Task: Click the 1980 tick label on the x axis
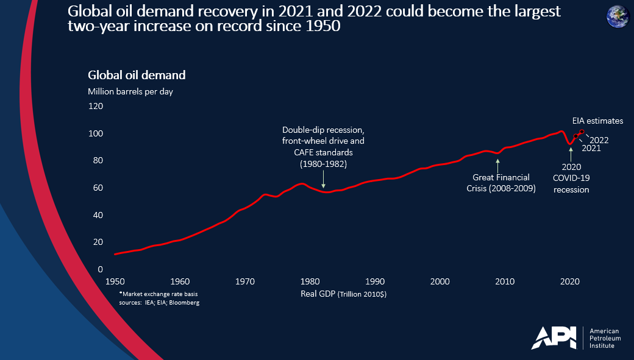(310, 281)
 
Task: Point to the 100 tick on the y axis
(96, 133)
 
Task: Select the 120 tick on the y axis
(96, 106)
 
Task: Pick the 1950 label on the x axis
(115, 281)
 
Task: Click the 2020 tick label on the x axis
(569, 281)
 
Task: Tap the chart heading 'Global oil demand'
(137, 76)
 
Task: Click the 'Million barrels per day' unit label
(134, 91)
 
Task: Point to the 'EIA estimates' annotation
(597, 121)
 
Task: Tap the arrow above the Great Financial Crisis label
(498, 164)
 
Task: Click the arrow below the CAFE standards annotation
(323, 181)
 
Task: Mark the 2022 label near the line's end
(599, 139)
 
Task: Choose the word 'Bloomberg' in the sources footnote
(185, 303)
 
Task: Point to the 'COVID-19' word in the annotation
(571, 178)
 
